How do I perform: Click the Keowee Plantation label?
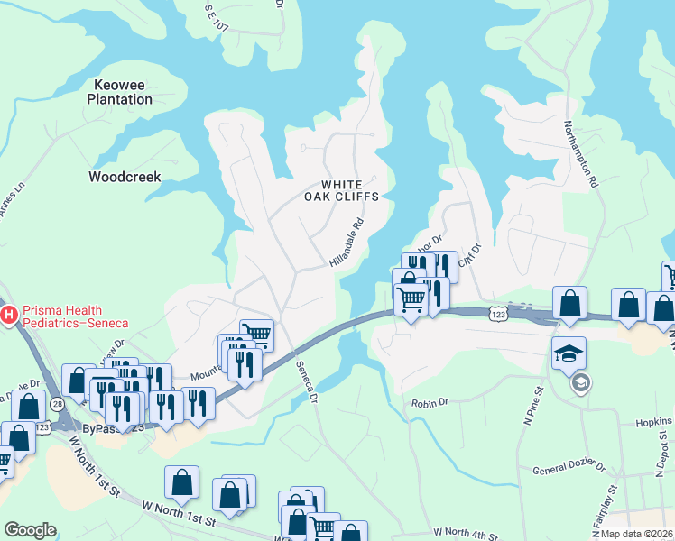pyautogui.click(x=118, y=92)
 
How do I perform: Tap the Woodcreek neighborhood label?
pyautogui.click(x=125, y=177)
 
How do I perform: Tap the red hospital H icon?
pyautogui.click(x=9, y=315)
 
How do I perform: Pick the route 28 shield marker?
pyautogui.click(x=57, y=405)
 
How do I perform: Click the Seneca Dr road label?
pyautogui.click(x=308, y=382)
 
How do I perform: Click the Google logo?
pyautogui.click(x=30, y=530)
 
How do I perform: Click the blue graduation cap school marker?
pyautogui.click(x=569, y=353)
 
